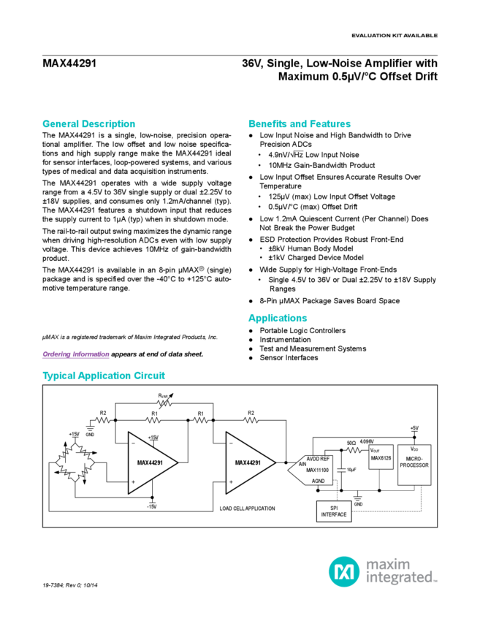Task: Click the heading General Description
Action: [x=88, y=123]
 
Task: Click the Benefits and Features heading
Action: [x=295, y=123]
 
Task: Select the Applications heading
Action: [x=277, y=318]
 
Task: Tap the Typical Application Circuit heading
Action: [x=104, y=376]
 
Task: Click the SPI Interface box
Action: [x=335, y=511]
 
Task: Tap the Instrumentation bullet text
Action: [x=286, y=340]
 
